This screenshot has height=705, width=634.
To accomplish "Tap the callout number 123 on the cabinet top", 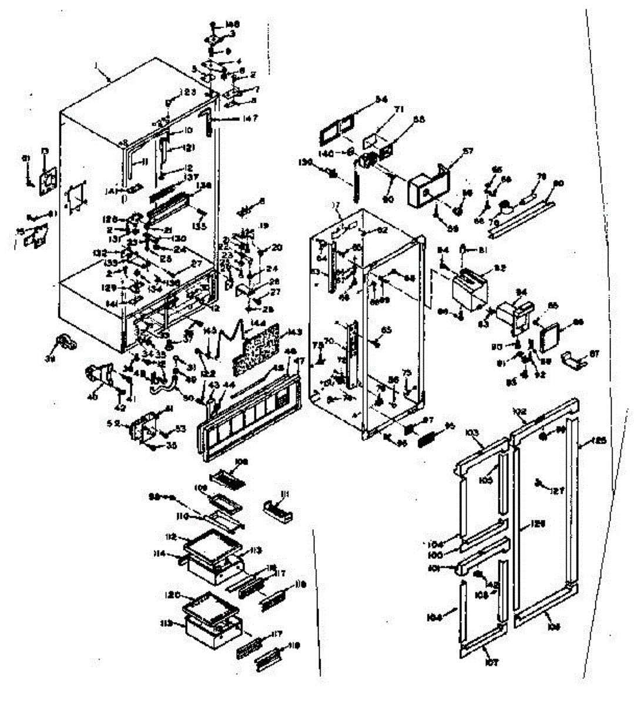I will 187,92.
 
